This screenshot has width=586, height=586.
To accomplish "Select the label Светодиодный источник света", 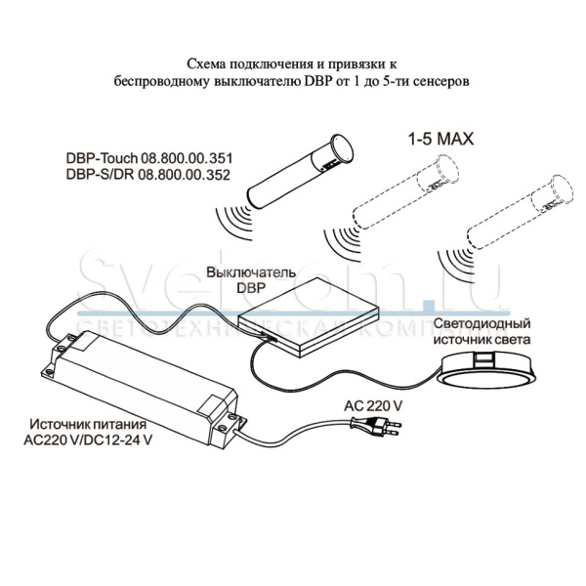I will (x=481, y=331).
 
